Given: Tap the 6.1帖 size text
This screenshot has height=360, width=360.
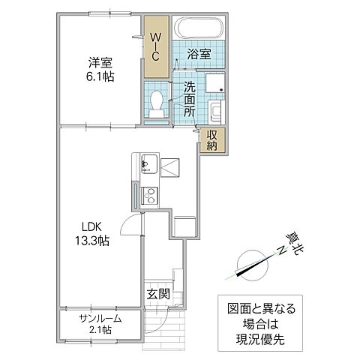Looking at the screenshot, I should pos(99,76).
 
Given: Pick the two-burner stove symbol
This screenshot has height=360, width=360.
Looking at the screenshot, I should pos(148,196).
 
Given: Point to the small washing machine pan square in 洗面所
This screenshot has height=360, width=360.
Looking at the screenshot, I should pos(215,84).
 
